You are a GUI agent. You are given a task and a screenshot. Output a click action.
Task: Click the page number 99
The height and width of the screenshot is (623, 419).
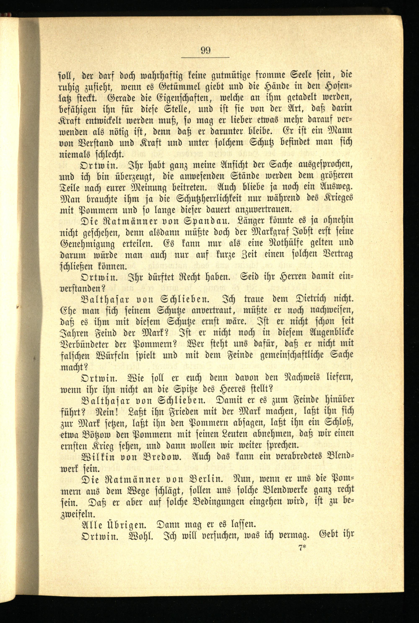(x=205, y=50)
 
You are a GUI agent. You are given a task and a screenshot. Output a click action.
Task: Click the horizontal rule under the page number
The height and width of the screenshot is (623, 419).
(x=205, y=58)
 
